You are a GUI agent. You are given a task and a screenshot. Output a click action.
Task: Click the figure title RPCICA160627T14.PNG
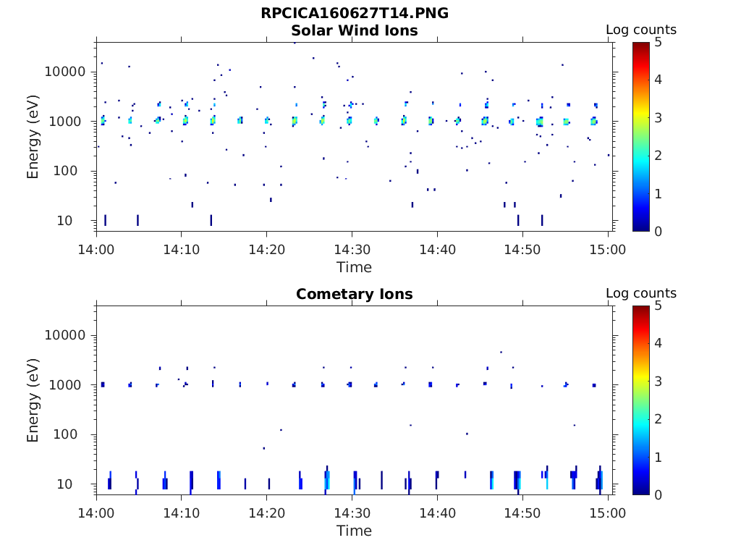(x=355, y=14)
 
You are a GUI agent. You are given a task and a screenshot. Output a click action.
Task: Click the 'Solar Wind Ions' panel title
(x=355, y=30)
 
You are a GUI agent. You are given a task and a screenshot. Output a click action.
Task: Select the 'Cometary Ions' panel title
(x=355, y=294)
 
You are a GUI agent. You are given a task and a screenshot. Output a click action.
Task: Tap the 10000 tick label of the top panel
(x=66, y=72)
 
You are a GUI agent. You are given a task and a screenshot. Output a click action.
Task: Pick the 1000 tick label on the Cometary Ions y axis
(x=69, y=385)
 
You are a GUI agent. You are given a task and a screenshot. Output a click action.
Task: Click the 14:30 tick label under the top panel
(x=352, y=250)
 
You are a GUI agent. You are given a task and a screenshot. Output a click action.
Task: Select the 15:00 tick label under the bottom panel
(x=608, y=513)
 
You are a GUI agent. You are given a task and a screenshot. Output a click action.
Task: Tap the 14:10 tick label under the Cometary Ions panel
(x=181, y=513)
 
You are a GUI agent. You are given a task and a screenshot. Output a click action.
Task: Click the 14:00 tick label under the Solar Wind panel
(x=96, y=250)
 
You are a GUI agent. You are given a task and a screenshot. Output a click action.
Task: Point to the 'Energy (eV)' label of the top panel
(x=33, y=136)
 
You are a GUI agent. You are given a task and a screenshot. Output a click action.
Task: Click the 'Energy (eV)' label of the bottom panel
(x=33, y=400)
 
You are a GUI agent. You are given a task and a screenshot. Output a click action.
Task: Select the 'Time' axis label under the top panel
(x=355, y=267)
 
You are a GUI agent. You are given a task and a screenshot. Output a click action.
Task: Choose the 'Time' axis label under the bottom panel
(x=355, y=531)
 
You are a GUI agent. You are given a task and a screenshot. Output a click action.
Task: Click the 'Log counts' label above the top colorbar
(x=641, y=30)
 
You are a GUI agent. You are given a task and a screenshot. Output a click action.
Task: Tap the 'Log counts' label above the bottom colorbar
(x=641, y=293)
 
